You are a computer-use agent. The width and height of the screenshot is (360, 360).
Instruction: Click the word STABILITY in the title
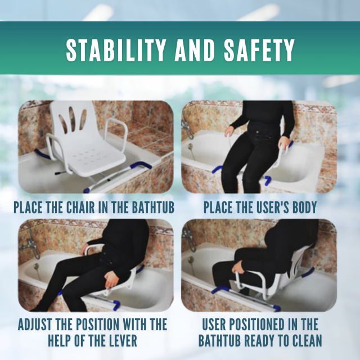pyautogui.click(x=112, y=51)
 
